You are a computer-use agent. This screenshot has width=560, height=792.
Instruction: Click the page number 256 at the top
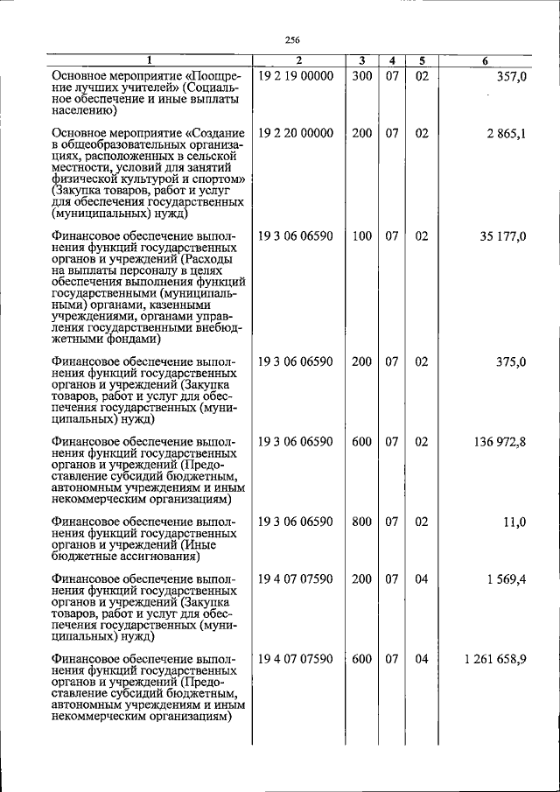click(292, 39)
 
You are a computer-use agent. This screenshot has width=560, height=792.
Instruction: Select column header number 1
click(149, 60)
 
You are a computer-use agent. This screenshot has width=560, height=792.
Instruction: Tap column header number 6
click(486, 60)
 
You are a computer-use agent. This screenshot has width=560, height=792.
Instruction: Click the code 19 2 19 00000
click(296, 77)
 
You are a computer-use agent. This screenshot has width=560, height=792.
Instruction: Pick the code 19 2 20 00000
click(296, 133)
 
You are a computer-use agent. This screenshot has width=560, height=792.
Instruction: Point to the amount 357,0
click(509, 77)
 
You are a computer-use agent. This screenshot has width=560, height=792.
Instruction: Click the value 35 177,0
click(503, 236)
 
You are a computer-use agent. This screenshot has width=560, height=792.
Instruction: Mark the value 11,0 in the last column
click(514, 522)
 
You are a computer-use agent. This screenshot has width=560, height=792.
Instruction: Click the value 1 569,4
click(504, 579)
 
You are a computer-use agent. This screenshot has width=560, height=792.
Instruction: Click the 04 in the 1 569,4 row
click(421, 579)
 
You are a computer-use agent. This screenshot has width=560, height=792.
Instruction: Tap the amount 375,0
click(509, 361)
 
